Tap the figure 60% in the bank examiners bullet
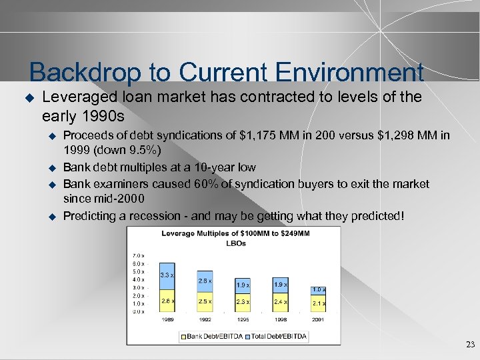coord(187,184)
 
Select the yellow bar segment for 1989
coord(167,301)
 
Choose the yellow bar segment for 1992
coord(205,301)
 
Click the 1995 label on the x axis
coord(243,320)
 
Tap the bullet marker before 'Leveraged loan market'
coord(29,97)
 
